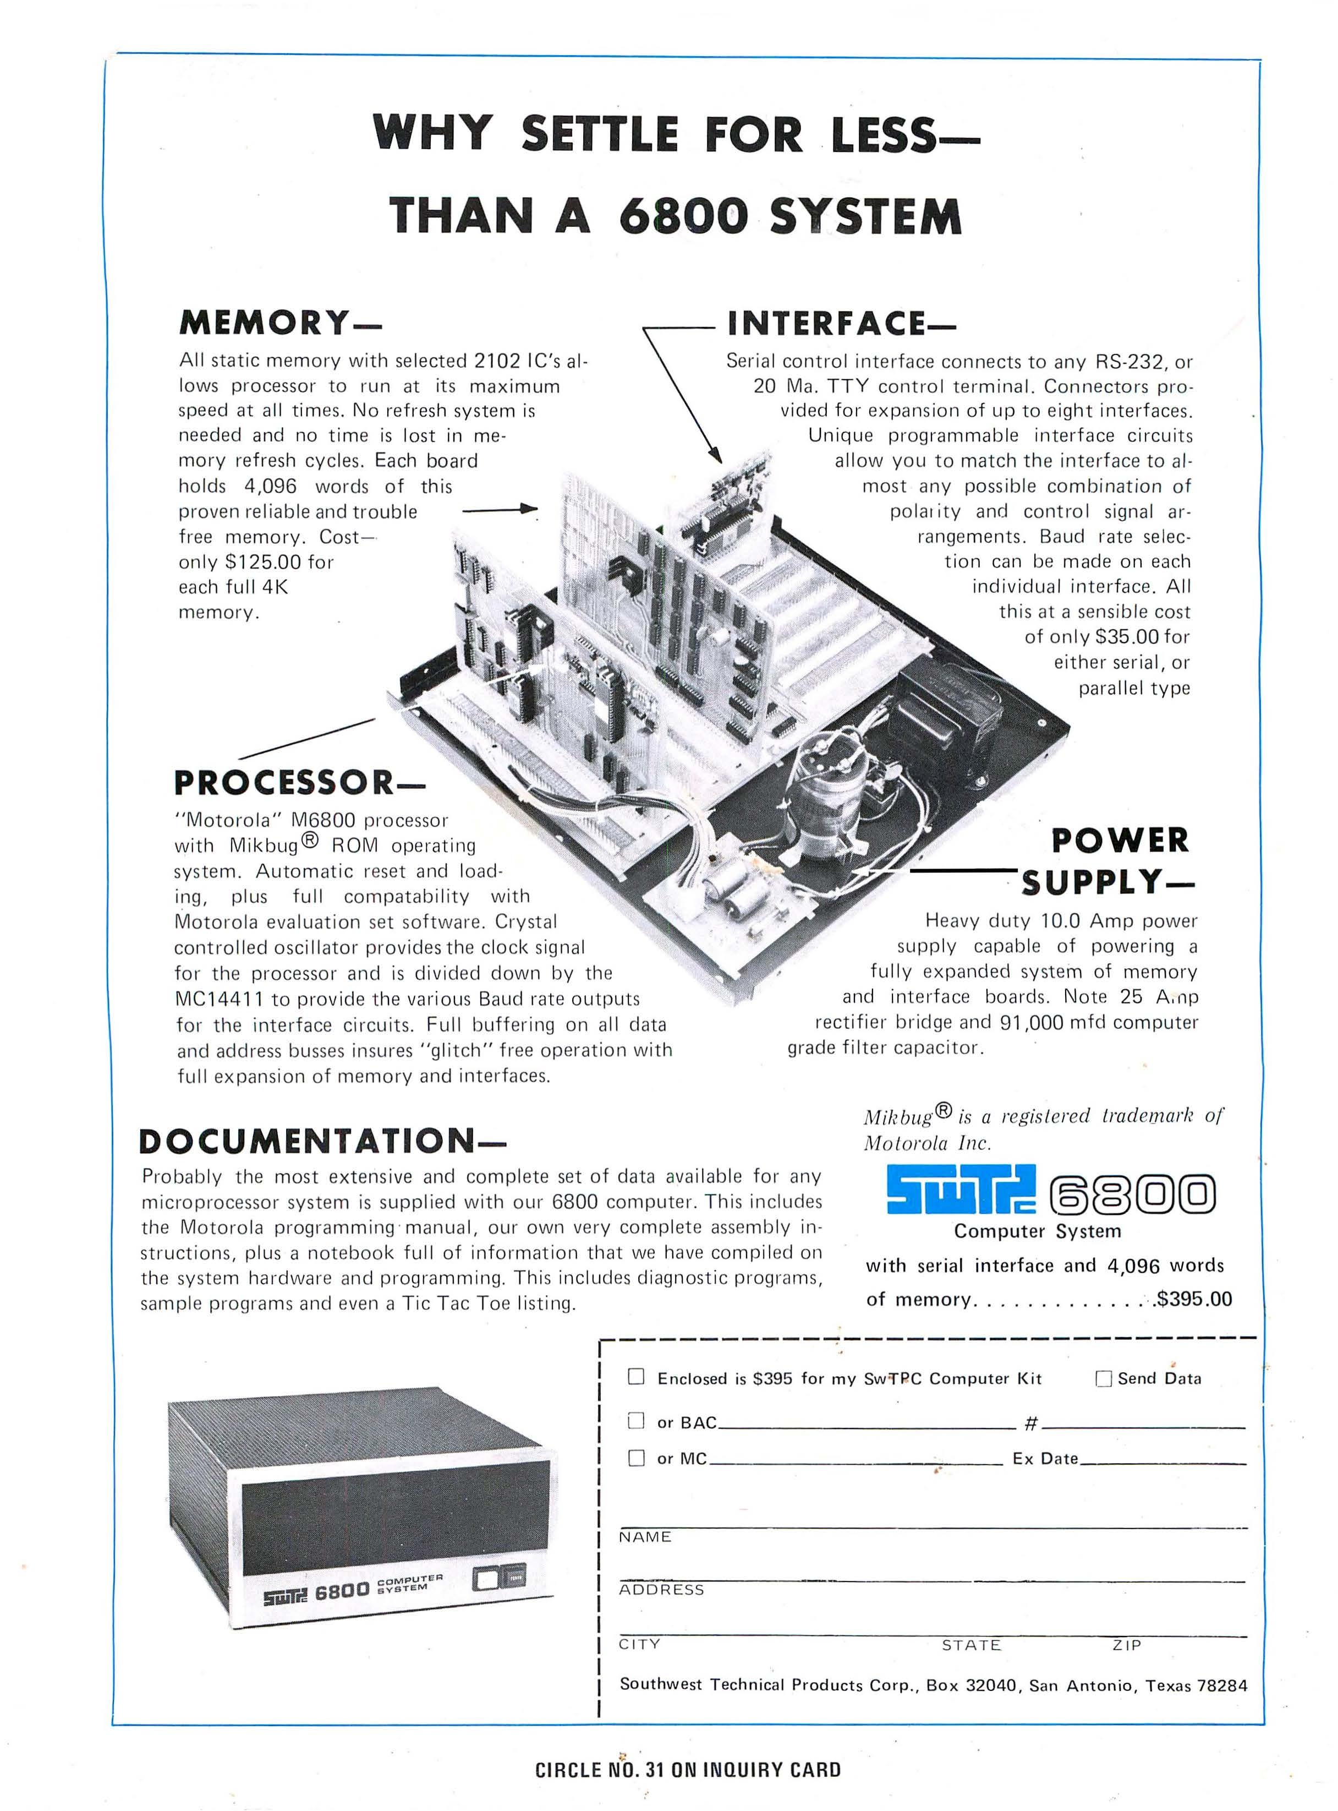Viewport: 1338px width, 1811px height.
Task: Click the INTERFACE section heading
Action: (x=841, y=323)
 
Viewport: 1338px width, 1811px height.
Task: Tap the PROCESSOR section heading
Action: (x=298, y=783)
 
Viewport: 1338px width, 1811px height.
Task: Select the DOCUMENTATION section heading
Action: (x=321, y=1142)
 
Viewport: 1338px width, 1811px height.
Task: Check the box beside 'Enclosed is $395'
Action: (x=637, y=1377)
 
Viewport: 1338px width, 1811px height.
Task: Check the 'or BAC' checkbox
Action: (x=637, y=1420)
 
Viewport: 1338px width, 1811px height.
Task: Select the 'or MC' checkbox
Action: (x=637, y=1458)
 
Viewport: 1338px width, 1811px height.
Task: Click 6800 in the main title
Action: (x=683, y=216)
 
